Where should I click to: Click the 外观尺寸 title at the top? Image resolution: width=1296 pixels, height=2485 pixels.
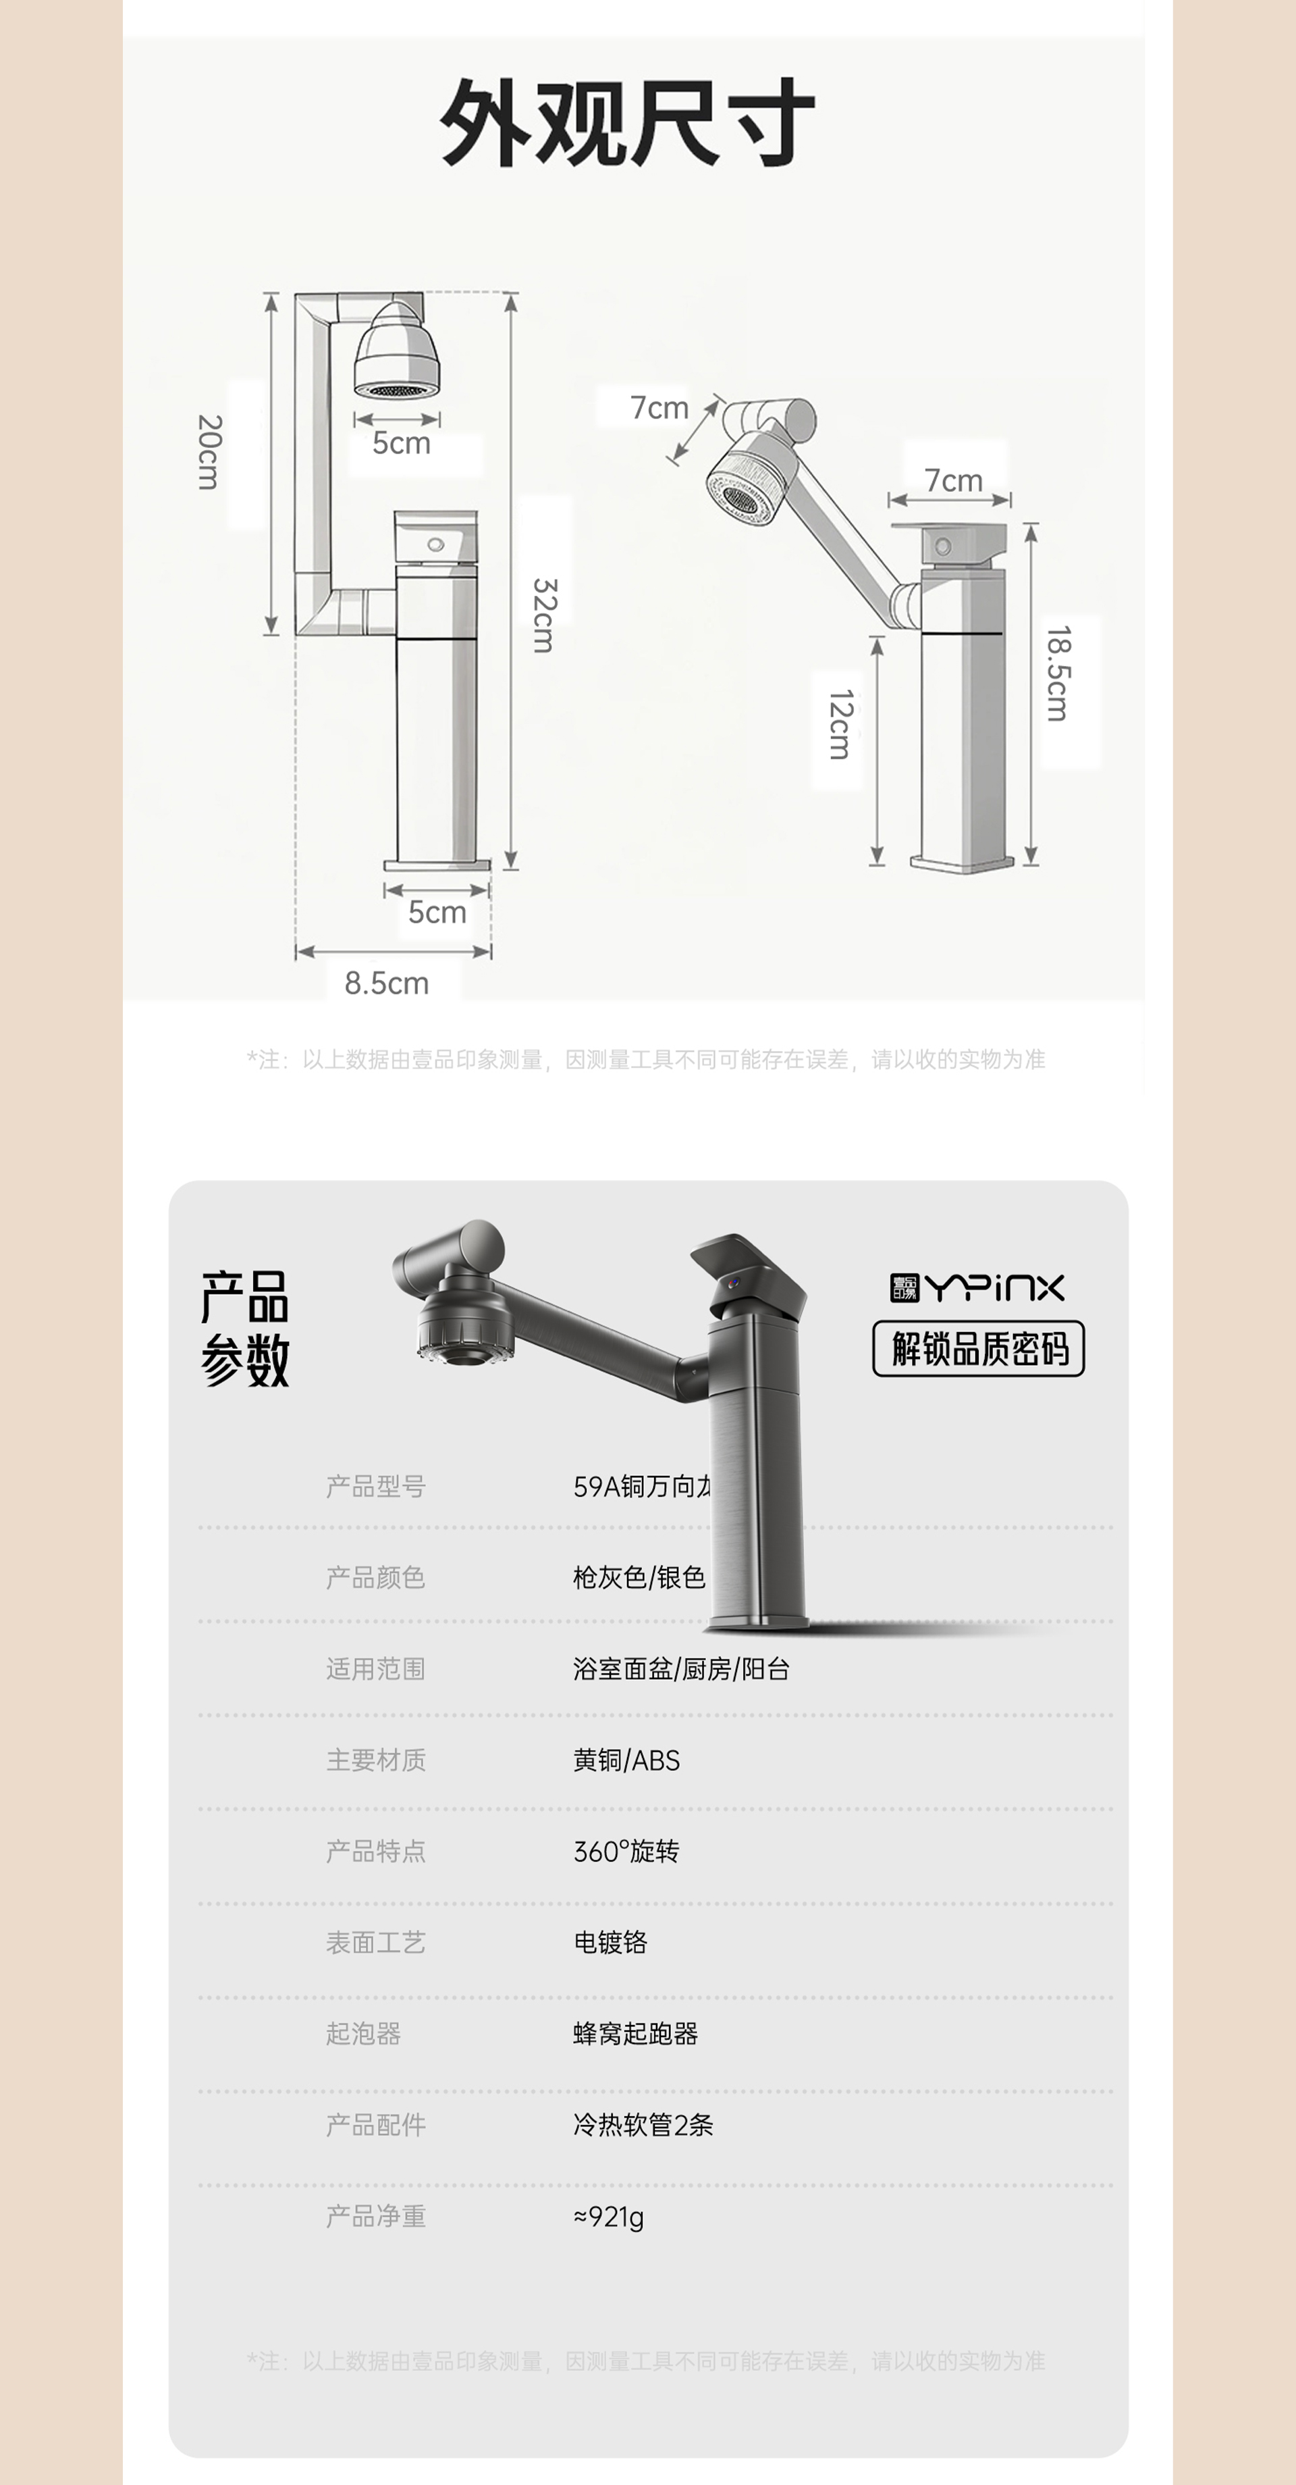point(628,122)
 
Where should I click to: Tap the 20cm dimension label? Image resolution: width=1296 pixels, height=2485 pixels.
point(209,453)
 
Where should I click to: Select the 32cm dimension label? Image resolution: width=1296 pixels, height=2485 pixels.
point(544,615)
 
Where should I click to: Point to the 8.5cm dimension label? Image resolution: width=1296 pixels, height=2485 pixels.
point(387,983)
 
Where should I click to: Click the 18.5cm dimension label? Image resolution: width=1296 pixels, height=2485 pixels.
point(1058,673)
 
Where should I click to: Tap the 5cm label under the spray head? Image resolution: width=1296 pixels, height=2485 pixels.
point(401,443)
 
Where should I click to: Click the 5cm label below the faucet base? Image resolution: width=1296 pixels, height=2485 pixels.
point(437,912)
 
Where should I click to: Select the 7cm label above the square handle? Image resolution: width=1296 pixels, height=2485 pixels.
point(952,480)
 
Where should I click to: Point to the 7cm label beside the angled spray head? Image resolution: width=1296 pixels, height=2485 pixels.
point(659,407)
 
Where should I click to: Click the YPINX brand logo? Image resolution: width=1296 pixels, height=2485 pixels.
point(977,1288)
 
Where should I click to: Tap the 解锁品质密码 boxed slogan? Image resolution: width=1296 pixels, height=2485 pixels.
point(979,1349)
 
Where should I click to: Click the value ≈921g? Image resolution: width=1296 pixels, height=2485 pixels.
point(608,2216)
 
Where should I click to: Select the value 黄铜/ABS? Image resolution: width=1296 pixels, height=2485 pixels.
point(627,1760)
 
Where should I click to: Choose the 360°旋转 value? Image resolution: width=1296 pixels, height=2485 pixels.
point(627,1851)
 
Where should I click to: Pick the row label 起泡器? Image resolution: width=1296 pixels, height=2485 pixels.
point(364,2034)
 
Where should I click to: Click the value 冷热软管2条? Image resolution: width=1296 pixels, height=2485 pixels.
point(643,2124)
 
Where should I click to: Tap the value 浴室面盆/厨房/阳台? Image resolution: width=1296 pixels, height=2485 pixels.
point(682,1669)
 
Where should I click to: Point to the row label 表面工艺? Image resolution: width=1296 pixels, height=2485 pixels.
point(376,1942)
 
